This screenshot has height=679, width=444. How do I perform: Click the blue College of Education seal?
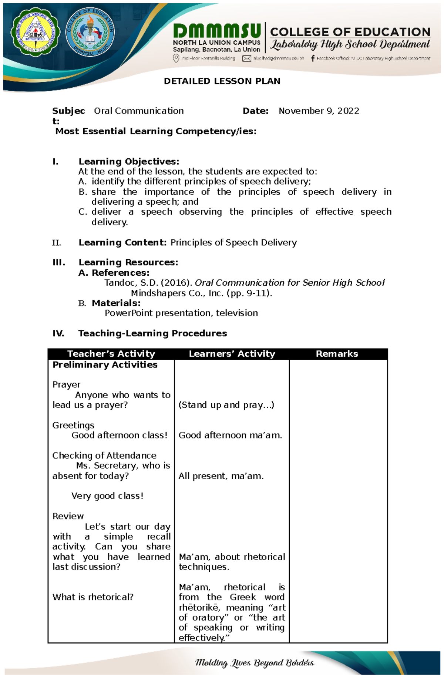coord(90,32)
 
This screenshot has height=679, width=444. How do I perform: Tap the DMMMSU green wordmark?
coord(217,31)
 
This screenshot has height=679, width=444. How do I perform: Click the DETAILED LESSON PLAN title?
coord(222,81)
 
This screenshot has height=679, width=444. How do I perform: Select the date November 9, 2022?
coord(319,111)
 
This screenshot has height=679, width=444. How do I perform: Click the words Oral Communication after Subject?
coord(139,111)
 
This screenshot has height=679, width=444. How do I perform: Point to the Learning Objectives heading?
coord(129,161)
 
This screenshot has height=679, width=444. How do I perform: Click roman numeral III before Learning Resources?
coord(59,262)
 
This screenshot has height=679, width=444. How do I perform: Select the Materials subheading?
coord(116,303)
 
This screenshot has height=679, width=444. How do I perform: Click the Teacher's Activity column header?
coord(111,354)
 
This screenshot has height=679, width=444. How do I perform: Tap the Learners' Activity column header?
coord(232,354)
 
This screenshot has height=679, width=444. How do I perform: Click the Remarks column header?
coord(337,354)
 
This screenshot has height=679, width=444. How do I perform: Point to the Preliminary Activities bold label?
coord(105,365)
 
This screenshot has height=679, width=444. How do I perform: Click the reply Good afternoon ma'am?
coord(230,435)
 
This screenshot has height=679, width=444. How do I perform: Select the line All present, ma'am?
coord(221,476)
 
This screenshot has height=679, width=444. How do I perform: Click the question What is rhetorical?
coord(93,597)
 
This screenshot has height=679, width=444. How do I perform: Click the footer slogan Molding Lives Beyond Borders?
coord(255,663)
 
